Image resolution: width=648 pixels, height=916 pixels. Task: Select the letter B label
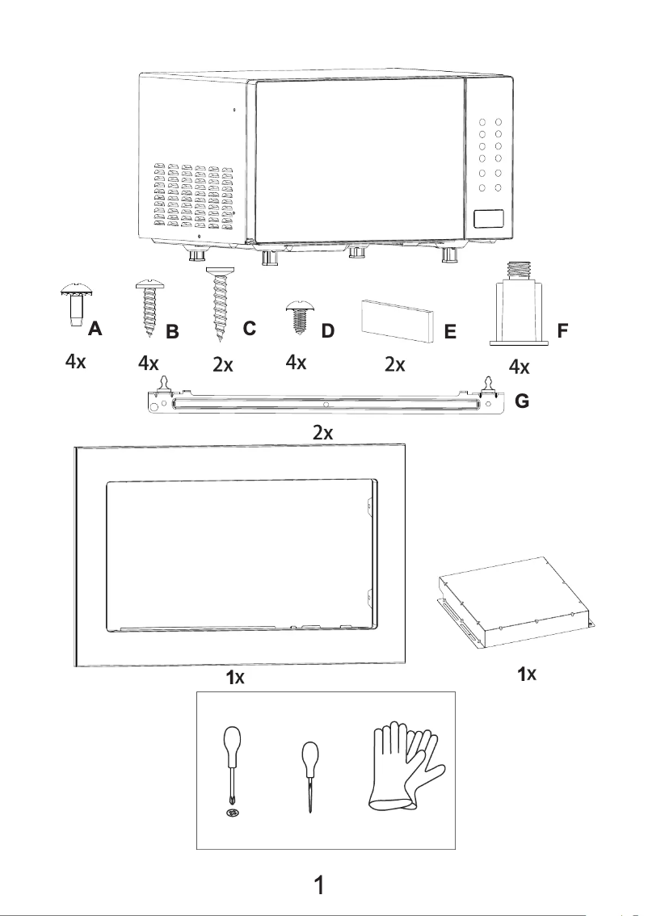click(171, 332)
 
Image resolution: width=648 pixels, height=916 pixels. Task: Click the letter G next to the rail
click(522, 401)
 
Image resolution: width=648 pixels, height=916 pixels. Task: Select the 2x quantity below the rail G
click(323, 433)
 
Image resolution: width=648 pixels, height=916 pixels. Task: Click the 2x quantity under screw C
click(223, 365)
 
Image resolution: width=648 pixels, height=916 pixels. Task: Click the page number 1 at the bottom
click(320, 885)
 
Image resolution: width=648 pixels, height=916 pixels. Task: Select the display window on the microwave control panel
click(490, 217)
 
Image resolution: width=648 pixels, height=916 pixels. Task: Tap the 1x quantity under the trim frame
click(235, 679)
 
